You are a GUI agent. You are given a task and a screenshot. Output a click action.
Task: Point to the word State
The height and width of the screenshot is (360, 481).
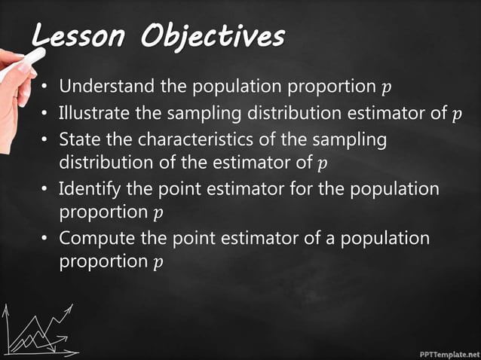77,139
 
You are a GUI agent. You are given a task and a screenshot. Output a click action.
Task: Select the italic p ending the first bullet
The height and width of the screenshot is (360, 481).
387,89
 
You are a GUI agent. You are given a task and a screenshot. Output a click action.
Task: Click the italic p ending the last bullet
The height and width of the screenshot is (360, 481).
158,264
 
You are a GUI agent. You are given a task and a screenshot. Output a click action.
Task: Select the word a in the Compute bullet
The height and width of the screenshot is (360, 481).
330,239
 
